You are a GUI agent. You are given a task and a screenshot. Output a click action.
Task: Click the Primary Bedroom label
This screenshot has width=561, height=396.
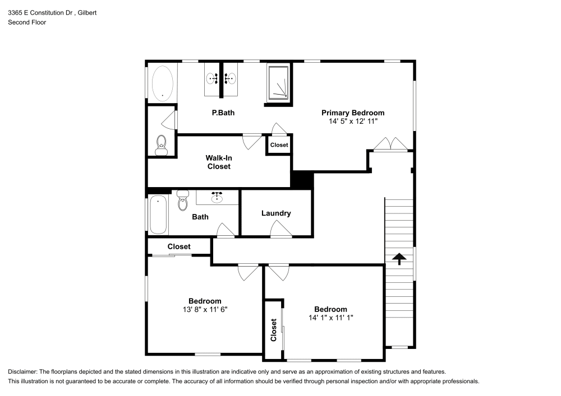click(x=352, y=112)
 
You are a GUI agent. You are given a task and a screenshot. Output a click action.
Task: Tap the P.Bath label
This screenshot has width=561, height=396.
click(x=223, y=113)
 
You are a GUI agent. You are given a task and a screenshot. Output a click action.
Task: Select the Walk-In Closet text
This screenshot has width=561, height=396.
click(x=219, y=162)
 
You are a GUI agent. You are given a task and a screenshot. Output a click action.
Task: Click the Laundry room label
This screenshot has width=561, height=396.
click(x=276, y=213)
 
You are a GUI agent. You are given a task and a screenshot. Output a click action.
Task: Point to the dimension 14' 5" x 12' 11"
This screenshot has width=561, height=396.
click(x=353, y=121)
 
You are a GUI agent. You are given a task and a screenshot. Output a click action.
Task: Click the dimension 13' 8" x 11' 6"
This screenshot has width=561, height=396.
click(x=204, y=309)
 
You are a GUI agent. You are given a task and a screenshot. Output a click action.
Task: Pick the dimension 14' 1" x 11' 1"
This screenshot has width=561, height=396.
click(x=330, y=318)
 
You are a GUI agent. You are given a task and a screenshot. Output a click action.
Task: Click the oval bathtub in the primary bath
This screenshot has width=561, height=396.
click(x=162, y=83)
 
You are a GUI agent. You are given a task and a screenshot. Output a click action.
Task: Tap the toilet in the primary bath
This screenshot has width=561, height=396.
click(x=161, y=146)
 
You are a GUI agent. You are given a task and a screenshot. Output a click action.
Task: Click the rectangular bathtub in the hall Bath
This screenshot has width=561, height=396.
click(x=158, y=215)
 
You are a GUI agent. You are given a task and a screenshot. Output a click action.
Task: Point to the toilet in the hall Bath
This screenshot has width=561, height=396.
click(x=182, y=201)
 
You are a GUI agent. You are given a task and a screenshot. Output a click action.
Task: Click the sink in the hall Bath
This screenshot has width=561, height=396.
click(x=217, y=197)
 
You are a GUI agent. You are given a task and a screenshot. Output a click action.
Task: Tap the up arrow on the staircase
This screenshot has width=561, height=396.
click(x=399, y=258)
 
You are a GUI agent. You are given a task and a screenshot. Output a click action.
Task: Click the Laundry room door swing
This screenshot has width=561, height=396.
click(x=280, y=230)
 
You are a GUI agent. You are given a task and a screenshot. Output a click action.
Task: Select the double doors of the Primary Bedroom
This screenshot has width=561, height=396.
click(x=390, y=144)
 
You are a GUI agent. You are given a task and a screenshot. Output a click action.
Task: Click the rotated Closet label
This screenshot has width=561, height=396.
click(x=274, y=330)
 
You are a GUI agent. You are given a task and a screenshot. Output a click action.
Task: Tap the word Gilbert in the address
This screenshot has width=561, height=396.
click(x=87, y=12)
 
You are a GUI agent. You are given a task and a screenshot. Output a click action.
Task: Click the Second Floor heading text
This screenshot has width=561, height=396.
click(x=27, y=22)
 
